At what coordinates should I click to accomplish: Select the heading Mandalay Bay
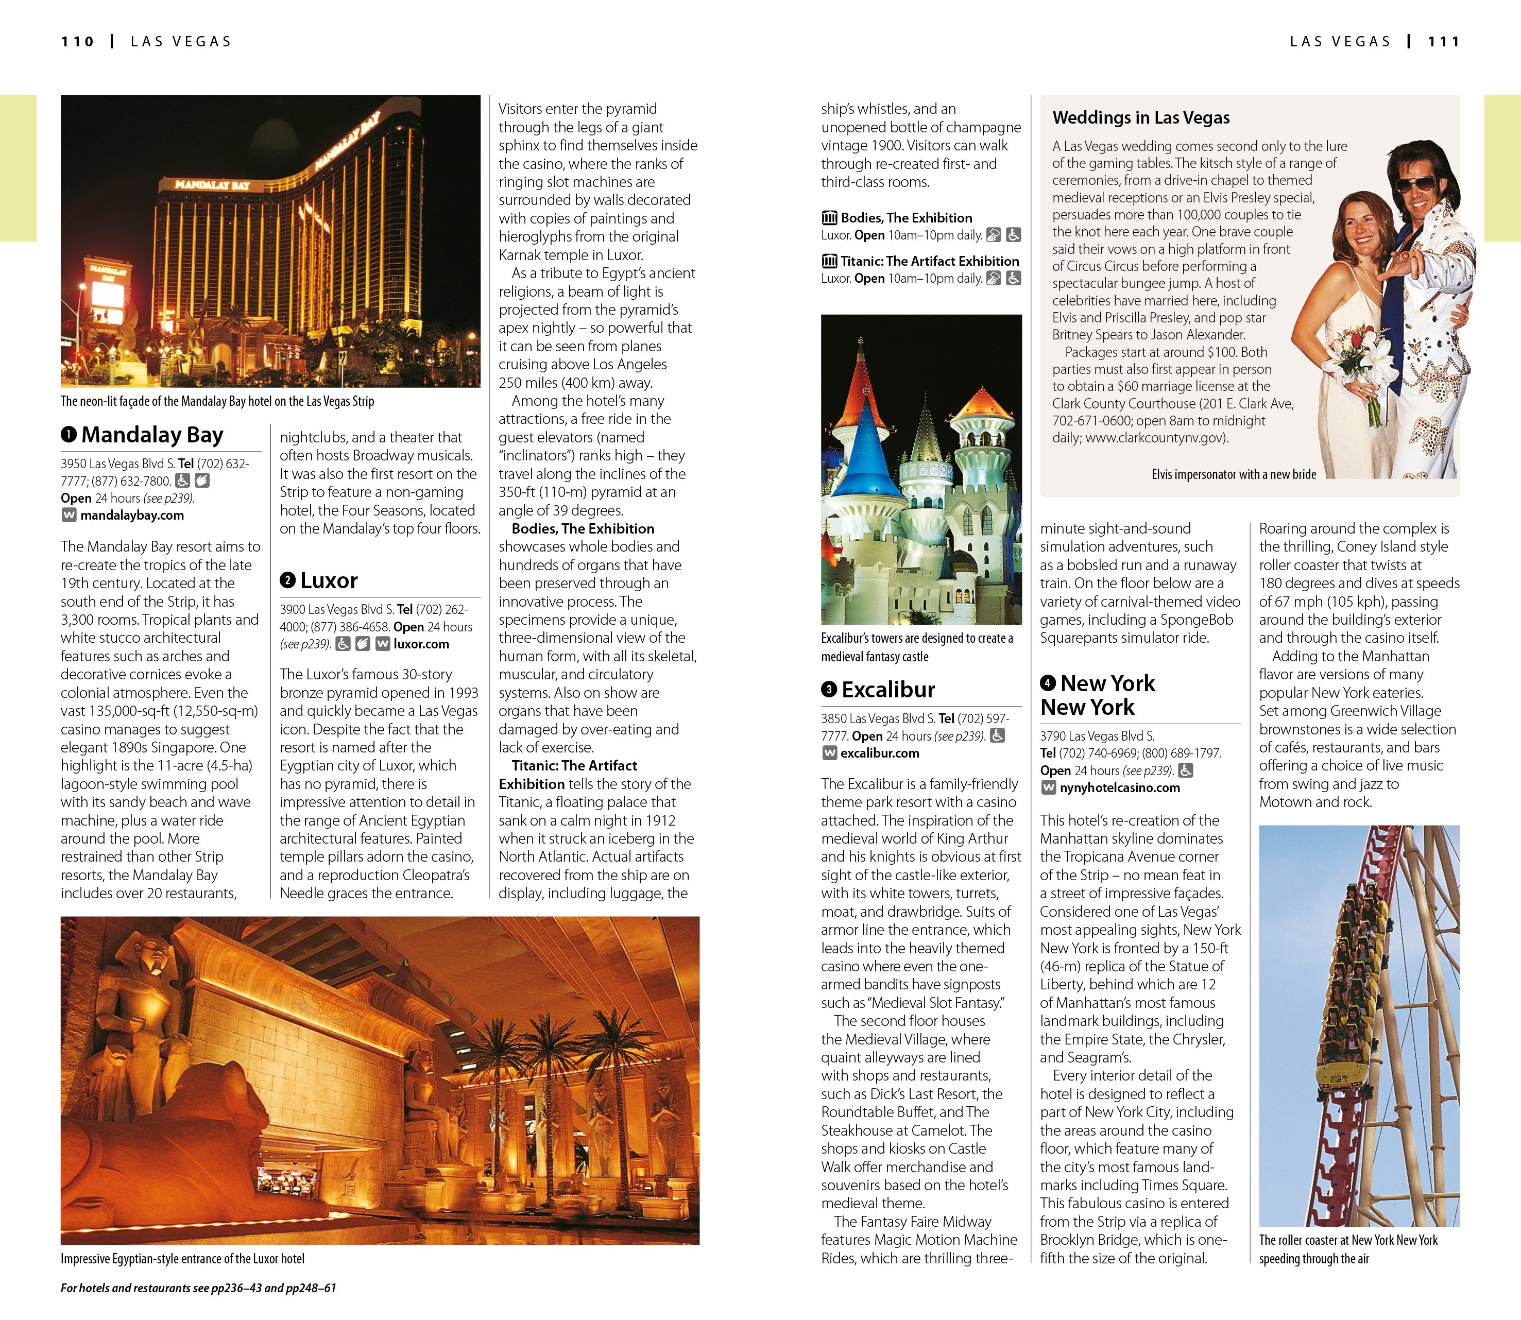click(x=152, y=435)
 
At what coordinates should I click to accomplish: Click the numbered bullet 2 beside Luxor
click(x=287, y=580)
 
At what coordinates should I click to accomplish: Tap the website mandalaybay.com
click(x=132, y=516)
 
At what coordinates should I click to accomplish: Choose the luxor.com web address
click(x=421, y=644)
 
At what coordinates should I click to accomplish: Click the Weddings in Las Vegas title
click(x=1141, y=118)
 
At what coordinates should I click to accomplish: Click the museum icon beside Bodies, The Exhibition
click(x=829, y=217)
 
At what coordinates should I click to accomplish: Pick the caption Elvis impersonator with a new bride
click(x=1234, y=474)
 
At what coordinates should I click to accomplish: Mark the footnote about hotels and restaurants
click(x=198, y=1288)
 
